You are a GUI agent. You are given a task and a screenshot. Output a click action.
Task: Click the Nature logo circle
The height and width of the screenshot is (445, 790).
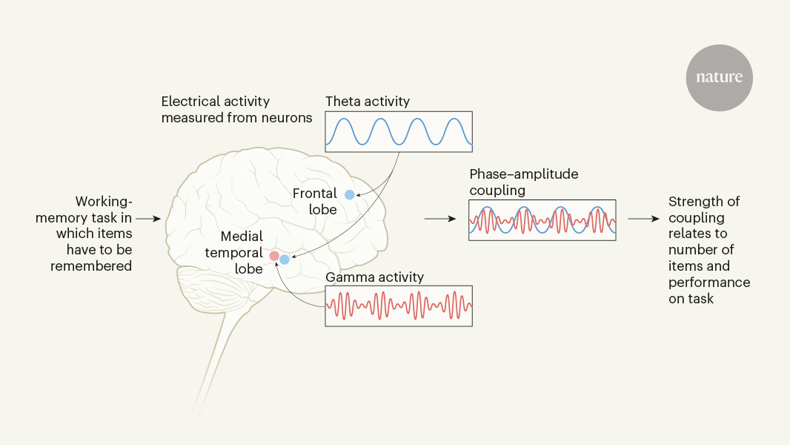tap(719, 78)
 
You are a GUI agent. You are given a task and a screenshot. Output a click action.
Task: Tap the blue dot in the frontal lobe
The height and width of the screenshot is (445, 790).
tap(350, 194)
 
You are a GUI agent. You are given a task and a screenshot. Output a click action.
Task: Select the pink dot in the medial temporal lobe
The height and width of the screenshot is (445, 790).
tap(274, 257)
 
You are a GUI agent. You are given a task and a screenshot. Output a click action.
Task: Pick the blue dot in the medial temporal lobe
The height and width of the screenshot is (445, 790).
tap(285, 260)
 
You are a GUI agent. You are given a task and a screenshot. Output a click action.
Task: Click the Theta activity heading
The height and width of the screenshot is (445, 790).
tap(367, 102)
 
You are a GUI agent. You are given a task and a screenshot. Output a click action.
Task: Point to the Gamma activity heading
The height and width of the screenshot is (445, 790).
tap(374, 277)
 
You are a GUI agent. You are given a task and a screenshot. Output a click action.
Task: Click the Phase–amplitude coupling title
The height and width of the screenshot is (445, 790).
tap(523, 182)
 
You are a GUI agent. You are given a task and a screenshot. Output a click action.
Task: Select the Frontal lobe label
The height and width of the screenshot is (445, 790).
tap(315, 202)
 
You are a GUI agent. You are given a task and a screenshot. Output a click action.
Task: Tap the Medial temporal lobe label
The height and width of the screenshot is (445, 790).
tap(242, 252)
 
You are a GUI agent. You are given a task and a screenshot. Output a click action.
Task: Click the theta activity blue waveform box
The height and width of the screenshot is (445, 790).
tap(399, 132)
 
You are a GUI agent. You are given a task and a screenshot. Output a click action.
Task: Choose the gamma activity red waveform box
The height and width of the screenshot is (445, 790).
tap(399, 306)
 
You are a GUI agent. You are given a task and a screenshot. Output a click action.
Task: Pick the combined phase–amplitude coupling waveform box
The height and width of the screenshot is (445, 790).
tap(542, 220)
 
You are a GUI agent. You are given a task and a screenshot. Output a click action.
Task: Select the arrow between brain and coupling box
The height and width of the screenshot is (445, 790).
tap(437, 220)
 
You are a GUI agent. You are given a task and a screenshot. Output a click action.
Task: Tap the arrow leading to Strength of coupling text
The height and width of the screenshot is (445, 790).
tap(643, 220)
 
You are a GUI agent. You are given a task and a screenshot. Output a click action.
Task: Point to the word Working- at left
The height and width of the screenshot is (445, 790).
tap(104, 202)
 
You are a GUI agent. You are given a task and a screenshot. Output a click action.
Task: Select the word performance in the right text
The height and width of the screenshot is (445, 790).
tap(709, 283)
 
